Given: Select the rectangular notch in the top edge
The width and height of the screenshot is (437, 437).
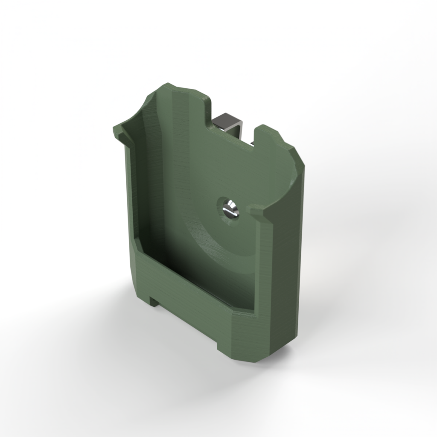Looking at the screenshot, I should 233,128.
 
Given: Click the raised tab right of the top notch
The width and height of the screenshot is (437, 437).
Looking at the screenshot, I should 269,132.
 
